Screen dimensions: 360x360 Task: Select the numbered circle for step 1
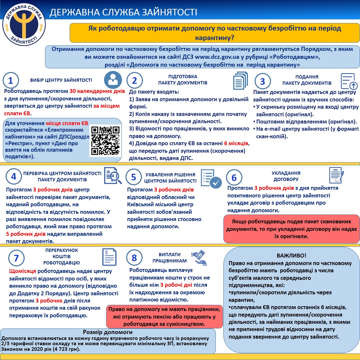click(11, 81)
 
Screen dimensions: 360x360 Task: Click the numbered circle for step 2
click(134, 80)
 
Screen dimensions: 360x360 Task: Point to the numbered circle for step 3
click(262, 81)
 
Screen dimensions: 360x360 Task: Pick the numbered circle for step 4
click(13, 176)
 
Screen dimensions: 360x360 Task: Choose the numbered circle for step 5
click(133, 177)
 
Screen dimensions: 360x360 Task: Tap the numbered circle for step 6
click(234, 178)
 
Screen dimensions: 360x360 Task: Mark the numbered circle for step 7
click(16, 258)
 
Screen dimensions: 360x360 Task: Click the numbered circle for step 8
click(134, 258)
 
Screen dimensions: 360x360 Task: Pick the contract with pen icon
click(336, 175)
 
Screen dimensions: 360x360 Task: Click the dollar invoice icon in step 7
click(109, 257)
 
